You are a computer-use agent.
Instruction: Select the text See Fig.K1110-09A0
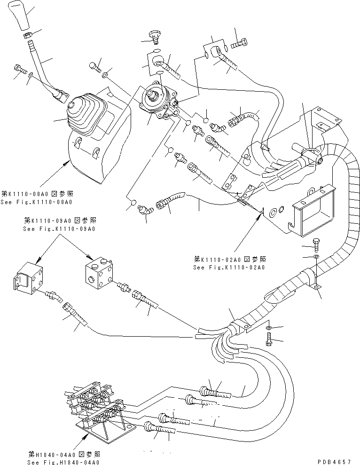pyautogui.click(x=59, y=229)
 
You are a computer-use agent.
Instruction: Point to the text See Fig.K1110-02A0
pyautogui.click(x=228, y=267)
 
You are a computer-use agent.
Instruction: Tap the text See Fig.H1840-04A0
pyautogui.click(x=63, y=463)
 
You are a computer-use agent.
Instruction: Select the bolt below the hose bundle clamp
pyautogui.click(x=269, y=339)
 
